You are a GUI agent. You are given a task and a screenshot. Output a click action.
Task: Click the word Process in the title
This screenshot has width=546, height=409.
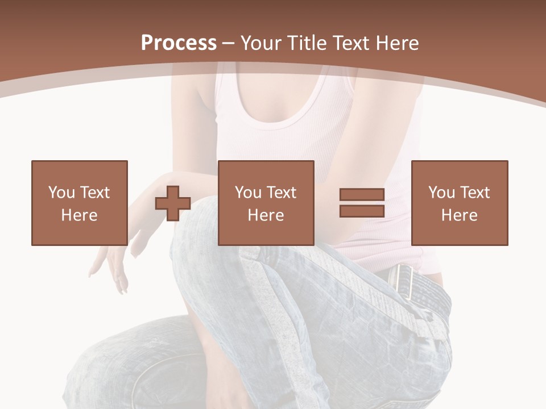tap(179, 43)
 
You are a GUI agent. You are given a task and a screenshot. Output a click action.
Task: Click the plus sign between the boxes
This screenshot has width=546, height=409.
tap(173, 203)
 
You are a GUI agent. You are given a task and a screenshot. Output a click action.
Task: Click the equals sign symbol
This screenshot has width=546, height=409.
tap(362, 203)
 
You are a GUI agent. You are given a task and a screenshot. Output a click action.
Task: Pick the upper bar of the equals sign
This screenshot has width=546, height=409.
tap(362, 195)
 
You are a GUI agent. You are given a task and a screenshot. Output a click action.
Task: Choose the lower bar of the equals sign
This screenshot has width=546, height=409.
tap(362, 211)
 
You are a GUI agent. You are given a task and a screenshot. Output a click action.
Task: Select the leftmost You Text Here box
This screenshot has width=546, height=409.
tap(80, 203)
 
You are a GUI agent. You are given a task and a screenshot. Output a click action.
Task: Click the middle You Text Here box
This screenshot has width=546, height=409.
tap(266, 203)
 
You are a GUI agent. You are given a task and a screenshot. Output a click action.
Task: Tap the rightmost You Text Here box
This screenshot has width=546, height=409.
tap(460, 203)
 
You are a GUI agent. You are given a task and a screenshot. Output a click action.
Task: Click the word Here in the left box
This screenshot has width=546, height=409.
tap(80, 215)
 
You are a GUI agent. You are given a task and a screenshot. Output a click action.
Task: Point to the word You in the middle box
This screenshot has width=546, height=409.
tap(248, 193)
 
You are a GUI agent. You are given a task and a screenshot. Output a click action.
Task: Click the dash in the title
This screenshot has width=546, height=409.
tap(229, 43)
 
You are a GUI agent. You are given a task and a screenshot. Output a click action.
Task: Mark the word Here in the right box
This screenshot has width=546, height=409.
tap(460, 215)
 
